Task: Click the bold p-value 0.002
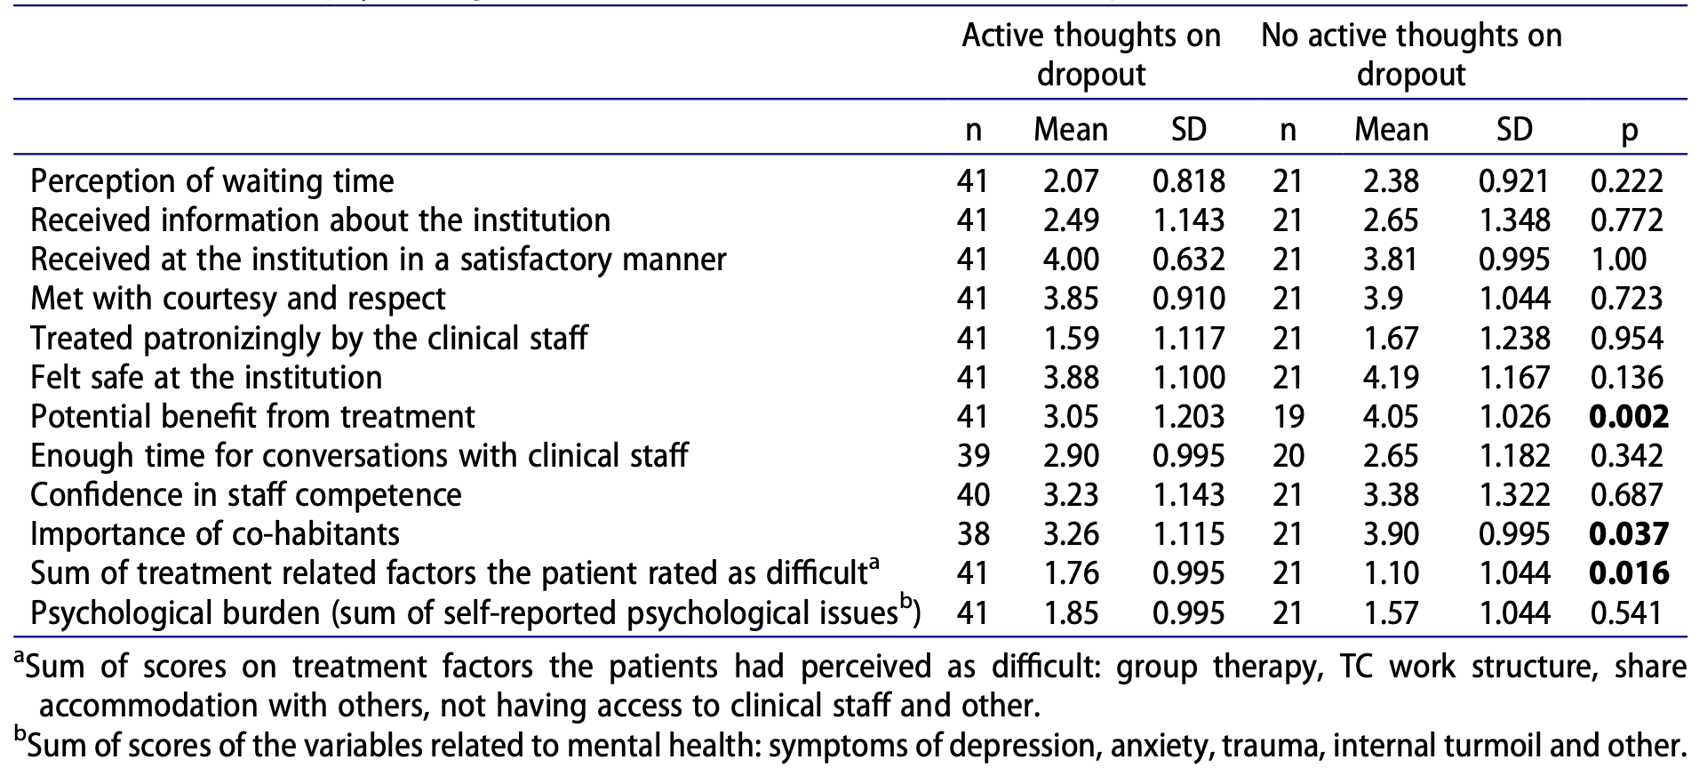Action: [1628, 417]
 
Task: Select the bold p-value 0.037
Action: [1628, 534]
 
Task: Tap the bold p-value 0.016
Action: [1628, 573]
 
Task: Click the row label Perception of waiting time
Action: [212, 181]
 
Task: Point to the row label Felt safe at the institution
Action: [206, 378]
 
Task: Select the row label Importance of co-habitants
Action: [215, 534]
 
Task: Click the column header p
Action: [1628, 132]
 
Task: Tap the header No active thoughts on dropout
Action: [1410, 54]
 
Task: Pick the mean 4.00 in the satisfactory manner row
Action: [1071, 260]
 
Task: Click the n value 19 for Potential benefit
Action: [1288, 417]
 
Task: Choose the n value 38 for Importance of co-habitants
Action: [973, 534]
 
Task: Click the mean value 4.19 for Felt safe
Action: [1391, 378]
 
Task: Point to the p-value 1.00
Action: [1618, 260]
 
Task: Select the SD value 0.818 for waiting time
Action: [1188, 181]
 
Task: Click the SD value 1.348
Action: [1514, 220]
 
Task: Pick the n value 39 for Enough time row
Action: [973, 456]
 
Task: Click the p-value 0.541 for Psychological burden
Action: [1626, 613]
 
